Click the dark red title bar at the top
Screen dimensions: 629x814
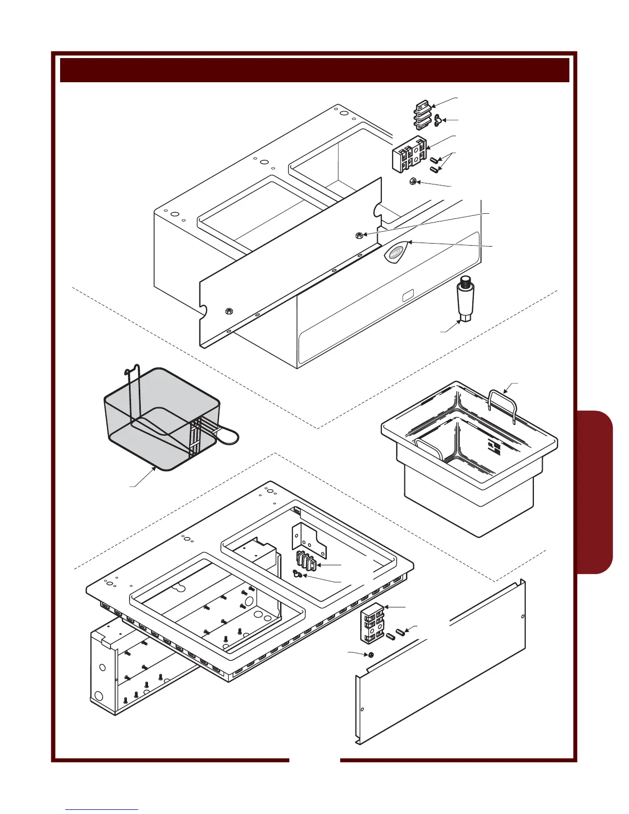click(x=314, y=70)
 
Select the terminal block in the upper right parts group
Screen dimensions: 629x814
click(x=409, y=154)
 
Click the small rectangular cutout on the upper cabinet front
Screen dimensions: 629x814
click(x=407, y=295)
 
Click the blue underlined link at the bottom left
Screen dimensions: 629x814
click(x=102, y=809)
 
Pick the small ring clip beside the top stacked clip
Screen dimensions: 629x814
click(x=437, y=120)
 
